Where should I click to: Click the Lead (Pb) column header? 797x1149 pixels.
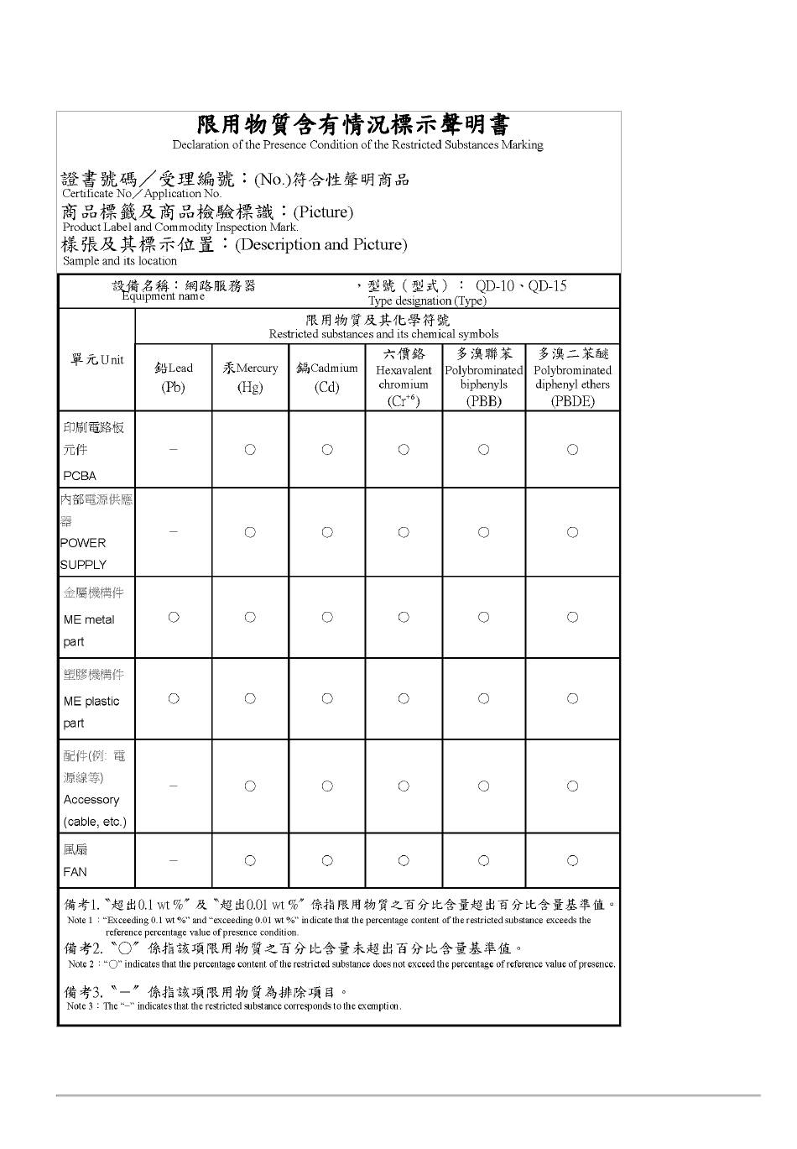pos(174,377)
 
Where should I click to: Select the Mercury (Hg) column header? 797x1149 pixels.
pos(250,377)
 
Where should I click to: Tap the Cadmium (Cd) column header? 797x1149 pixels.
pos(327,377)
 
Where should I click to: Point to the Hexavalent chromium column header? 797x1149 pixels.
pos(404,377)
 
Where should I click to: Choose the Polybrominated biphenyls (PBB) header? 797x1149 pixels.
pos(484,377)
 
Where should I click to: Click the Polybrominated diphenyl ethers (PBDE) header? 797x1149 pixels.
pos(572,377)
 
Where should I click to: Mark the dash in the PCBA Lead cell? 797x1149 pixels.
pos(174,449)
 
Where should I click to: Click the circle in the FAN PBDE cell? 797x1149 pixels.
pos(572,860)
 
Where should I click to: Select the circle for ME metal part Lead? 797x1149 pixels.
pos(174,617)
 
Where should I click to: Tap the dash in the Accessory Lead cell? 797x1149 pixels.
pos(174,786)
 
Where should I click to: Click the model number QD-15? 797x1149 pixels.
pos(547,286)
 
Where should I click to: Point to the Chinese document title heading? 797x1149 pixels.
pos(353,126)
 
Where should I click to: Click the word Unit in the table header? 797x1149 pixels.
pos(112,360)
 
